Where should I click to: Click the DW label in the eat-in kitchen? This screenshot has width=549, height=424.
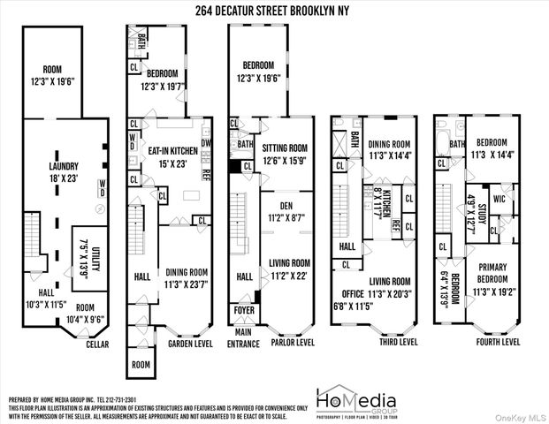(204, 141)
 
